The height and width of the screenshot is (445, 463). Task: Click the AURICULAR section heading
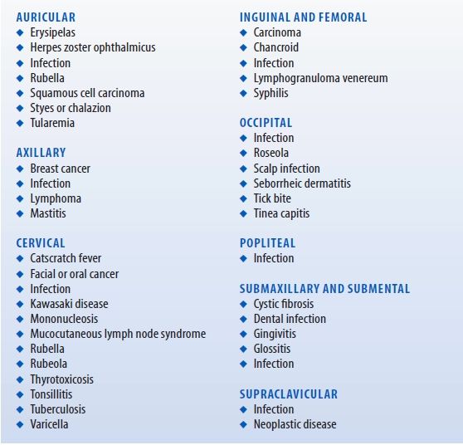(x=46, y=17)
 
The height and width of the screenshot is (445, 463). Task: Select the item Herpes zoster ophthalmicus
(x=92, y=48)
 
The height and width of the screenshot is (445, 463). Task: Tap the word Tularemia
(x=52, y=123)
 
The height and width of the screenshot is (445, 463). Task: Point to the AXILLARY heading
(x=41, y=153)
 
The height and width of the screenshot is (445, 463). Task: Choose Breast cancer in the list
(x=60, y=169)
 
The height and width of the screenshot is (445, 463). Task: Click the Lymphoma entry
(x=56, y=198)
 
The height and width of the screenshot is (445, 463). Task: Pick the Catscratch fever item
(x=66, y=258)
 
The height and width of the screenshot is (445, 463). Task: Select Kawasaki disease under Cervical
(x=69, y=304)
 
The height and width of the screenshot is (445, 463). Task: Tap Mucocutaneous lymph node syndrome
(x=118, y=334)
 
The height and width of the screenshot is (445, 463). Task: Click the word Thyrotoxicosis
(x=61, y=379)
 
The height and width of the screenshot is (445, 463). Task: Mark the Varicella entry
(x=49, y=424)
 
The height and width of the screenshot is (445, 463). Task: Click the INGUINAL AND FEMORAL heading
(x=303, y=17)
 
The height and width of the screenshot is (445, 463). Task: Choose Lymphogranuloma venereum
(x=320, y=78)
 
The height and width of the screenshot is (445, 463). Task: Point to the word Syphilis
(x=270, y=93)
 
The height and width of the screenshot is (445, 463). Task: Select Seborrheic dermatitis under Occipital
(x=302, y=183)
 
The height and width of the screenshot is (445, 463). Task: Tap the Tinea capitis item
(x=281, y=213)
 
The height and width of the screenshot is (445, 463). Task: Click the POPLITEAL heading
(x=267, y=243)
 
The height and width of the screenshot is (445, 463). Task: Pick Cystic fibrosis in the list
(x=284, y=304)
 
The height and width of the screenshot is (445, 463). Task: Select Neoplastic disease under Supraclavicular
(x=295, y=424)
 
